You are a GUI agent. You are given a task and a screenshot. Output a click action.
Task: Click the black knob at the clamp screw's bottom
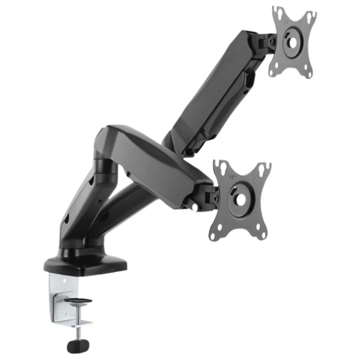coord(77,346)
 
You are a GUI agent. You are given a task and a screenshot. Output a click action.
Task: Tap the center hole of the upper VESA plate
coord(294,43)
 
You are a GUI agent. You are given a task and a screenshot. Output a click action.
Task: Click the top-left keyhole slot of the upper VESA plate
coord(277,13)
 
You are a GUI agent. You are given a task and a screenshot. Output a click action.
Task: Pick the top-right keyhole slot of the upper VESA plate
coord(311,17)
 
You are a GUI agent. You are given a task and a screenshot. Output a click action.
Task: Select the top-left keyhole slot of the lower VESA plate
coord(221,166)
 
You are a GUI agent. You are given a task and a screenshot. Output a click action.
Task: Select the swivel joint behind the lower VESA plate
coord(208,196)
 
